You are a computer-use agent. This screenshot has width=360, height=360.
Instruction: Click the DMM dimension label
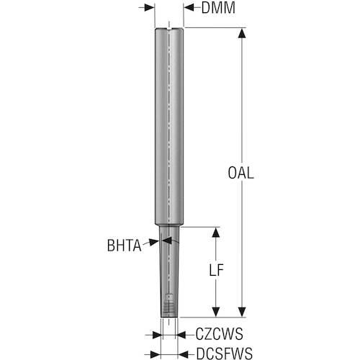pyautogui.click(x=218, y=8)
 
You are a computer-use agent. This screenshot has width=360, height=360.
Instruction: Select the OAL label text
pyautogui.click(x=240, y=173)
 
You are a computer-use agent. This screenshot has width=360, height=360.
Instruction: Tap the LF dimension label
pyautogui.click(x=216, y=270)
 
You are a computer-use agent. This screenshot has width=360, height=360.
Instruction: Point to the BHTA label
pyautogui.click(x=124, y=246)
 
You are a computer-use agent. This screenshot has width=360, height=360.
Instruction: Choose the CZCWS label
pyautogui.click(x=219, y=334)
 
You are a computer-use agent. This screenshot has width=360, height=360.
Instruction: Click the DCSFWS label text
pyautogui.click(x=225, y=354)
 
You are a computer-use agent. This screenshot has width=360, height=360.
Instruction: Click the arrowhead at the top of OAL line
pyautogui.click(x=242, y=33)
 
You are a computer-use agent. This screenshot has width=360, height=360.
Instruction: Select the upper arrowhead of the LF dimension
pyautogui.click(x=216, y=233)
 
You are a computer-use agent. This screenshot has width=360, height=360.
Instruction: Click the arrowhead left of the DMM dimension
pyautogui.click(x=150, y=8)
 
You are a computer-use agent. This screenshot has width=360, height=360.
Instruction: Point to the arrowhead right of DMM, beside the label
pyautogui.click(x=189, y=8)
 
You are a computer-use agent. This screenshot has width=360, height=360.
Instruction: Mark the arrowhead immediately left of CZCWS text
pyautogui.click(x=181, y=335)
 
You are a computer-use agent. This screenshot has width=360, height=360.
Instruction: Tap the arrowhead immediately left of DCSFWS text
pyautogui.click(x=183, y=354)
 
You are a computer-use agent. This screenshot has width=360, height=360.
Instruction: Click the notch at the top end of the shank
pyautogui.click(x=169, y=29)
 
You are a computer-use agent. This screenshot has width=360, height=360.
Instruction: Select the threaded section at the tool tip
pyautogui.click(x=169, y=309)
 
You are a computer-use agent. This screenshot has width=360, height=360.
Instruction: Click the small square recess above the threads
pyautogui.click(x=169, y=297)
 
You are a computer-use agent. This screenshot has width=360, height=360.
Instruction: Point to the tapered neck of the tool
pyautogui.click(x=169, y=271)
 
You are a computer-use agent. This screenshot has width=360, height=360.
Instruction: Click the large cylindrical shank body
pyautogui.click(x=169, y=127)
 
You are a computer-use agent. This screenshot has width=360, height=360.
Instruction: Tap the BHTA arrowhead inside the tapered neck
pyautogui.click(x=167, y=240)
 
